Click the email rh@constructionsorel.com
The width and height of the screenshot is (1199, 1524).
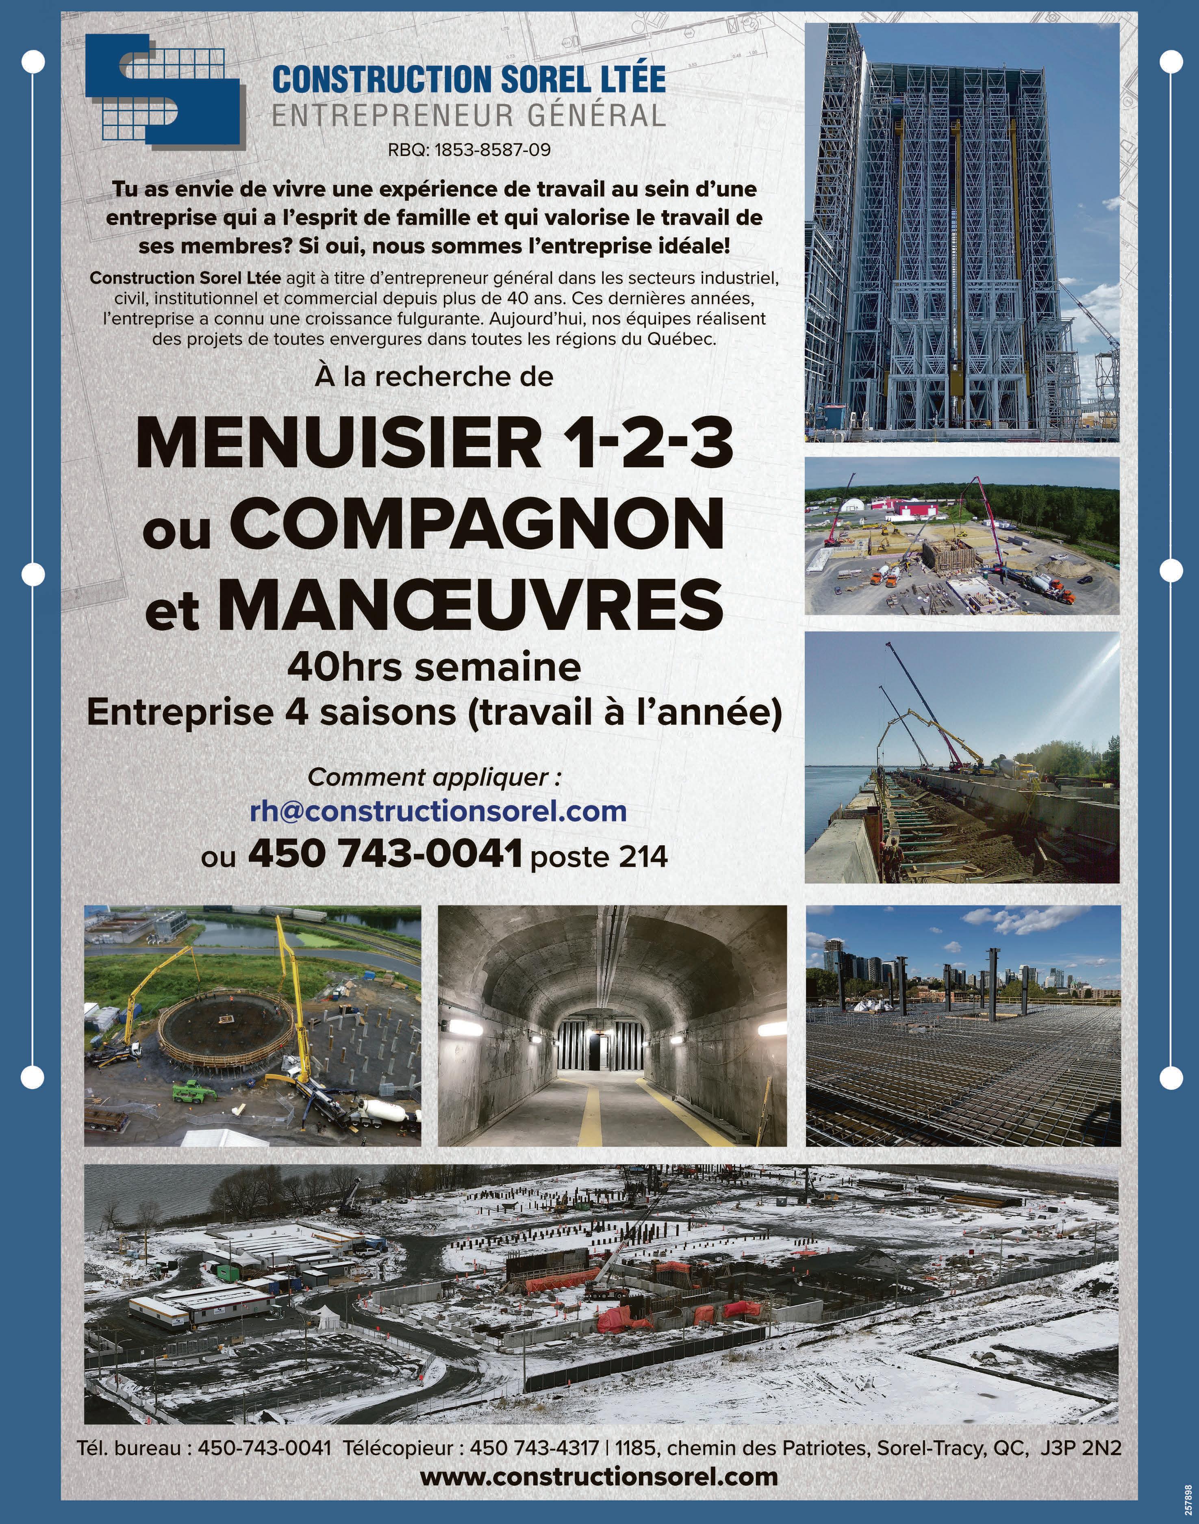[438, 812]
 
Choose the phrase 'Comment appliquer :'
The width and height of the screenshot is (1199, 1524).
[434, 778]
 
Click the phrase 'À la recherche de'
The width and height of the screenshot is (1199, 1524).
[434, 377]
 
